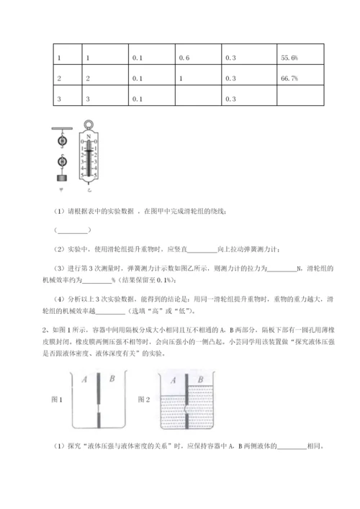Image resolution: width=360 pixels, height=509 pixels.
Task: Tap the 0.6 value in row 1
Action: (185, 56)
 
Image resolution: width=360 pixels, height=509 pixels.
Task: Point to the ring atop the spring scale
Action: (90, 127)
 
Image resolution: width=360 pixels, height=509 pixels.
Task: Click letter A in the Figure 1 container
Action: (85, 379)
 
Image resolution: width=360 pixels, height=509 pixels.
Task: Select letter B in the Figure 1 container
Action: (110, 379)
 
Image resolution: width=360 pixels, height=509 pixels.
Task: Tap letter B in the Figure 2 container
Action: (201, 379)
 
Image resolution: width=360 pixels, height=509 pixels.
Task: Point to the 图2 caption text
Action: (143, 398)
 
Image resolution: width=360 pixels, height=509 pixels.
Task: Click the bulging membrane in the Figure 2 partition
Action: (188, 416)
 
